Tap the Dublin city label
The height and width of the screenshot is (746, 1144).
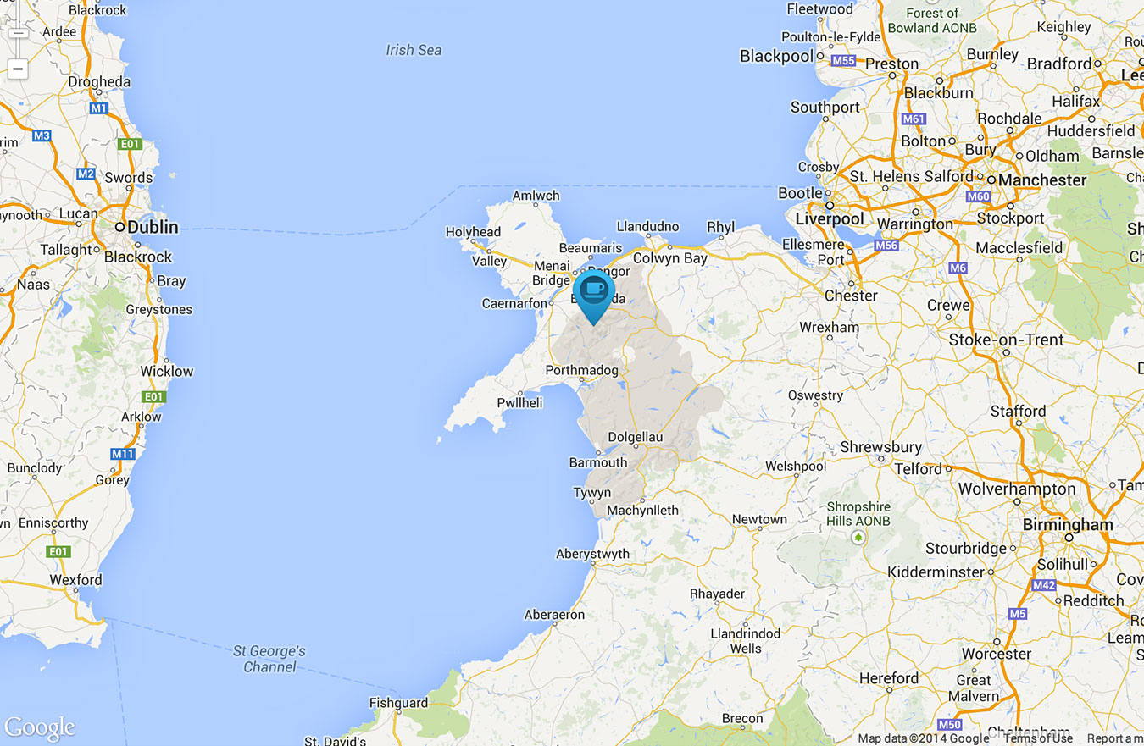153,227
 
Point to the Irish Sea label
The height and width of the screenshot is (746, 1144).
414,50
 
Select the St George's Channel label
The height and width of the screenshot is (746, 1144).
269,659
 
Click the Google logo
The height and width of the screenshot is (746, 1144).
40,727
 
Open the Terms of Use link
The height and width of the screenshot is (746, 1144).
1038,738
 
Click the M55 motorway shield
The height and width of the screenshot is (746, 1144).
843,61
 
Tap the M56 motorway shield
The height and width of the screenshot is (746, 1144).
886,246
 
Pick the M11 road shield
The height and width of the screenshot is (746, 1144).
123,455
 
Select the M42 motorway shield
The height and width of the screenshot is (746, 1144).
1044,585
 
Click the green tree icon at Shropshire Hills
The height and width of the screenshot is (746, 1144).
859,537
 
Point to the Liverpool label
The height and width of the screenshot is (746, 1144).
830,218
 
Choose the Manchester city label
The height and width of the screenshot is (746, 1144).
1041,180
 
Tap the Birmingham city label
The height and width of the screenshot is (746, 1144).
1068,524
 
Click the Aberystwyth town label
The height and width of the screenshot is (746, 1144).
592,555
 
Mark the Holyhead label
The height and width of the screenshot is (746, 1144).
473,232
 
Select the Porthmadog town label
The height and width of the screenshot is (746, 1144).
581,371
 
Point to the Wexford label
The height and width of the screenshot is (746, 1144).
75,580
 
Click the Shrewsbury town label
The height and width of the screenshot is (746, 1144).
881,447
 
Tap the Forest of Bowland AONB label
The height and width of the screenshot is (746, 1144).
932,20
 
